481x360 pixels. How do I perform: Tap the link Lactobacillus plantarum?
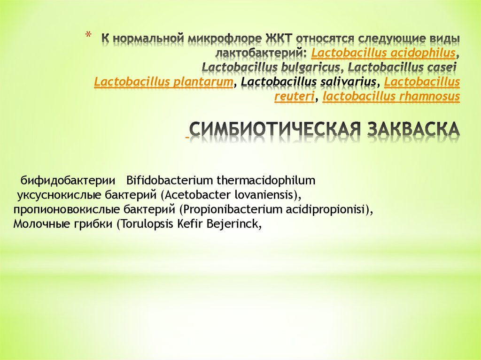click(164, 83)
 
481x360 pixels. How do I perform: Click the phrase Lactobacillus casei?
click(403, 67)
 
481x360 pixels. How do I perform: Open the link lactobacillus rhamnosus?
click(392, 97)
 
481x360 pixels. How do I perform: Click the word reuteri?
click(295, 97)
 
